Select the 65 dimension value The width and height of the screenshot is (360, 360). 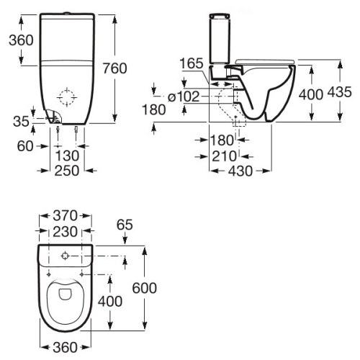pos(123,225)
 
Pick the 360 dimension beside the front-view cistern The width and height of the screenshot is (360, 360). pos(17,40)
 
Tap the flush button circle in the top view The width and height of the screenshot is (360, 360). pos(65,256)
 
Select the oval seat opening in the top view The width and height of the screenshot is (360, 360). pos(65,297)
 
